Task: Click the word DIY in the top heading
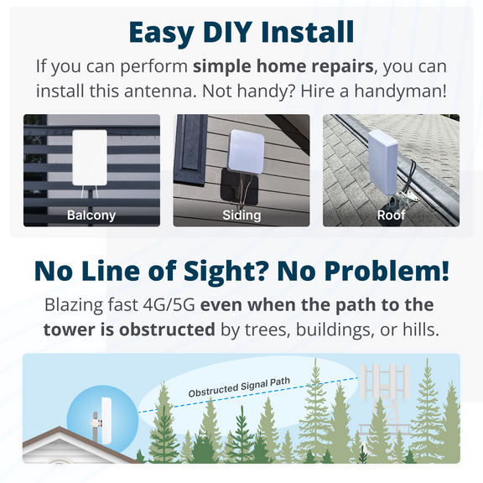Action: click(226, 32)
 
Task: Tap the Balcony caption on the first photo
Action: click(91, 215)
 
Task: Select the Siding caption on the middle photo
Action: click(241, 215)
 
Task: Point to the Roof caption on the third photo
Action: click(391, 215)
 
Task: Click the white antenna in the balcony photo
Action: click(90, 158)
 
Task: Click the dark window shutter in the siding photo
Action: click(191, 149)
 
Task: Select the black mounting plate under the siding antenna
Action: click(239, 187)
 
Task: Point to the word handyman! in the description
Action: click(400, 91)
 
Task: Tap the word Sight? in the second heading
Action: click(226, 272)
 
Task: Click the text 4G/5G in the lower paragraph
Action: click(169, 304)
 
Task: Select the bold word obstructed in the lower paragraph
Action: click(167, 330)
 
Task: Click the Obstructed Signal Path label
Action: click(239, 387)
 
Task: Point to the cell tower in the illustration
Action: click(385, 401)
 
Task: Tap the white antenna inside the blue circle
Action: click(106, 421)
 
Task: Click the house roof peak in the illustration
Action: click(60, 428)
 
